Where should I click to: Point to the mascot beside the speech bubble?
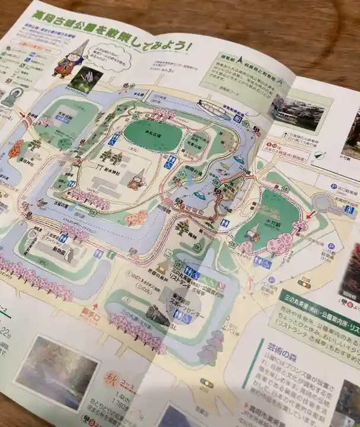click(69, 60)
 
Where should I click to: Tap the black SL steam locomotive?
click(157, 314)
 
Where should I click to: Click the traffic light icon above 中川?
click(207, 383)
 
